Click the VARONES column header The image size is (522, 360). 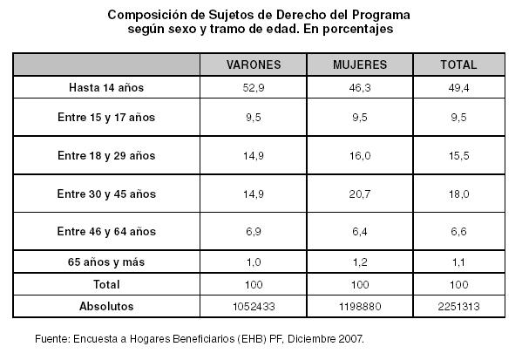tap(254, 65)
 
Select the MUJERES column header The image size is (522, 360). tap(360, 65)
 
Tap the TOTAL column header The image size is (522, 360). tap(458, 65)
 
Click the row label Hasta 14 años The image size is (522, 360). tap(106, 87)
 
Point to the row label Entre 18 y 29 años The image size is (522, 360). tap(106, 155)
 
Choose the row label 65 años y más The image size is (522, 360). tap(106, 262)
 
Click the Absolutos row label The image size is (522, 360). tap(106, 306)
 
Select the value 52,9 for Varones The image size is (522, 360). tap(254, 87)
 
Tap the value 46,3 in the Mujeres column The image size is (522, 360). tap(360, 87)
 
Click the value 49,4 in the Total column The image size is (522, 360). tap(458, 87)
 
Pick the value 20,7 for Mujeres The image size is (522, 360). tap(360, 194)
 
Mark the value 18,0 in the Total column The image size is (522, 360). tap(458, 194)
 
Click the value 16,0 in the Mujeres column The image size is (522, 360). tap(360, 155)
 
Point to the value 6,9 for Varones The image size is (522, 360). tap(254, 232)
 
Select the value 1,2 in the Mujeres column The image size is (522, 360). tap(360, 262)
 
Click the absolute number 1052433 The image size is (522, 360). tap(254, 306)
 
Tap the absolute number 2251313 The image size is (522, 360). tap(458, 306)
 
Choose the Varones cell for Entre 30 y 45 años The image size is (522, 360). tap(254, 194)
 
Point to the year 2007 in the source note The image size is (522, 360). tap(350, 339)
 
